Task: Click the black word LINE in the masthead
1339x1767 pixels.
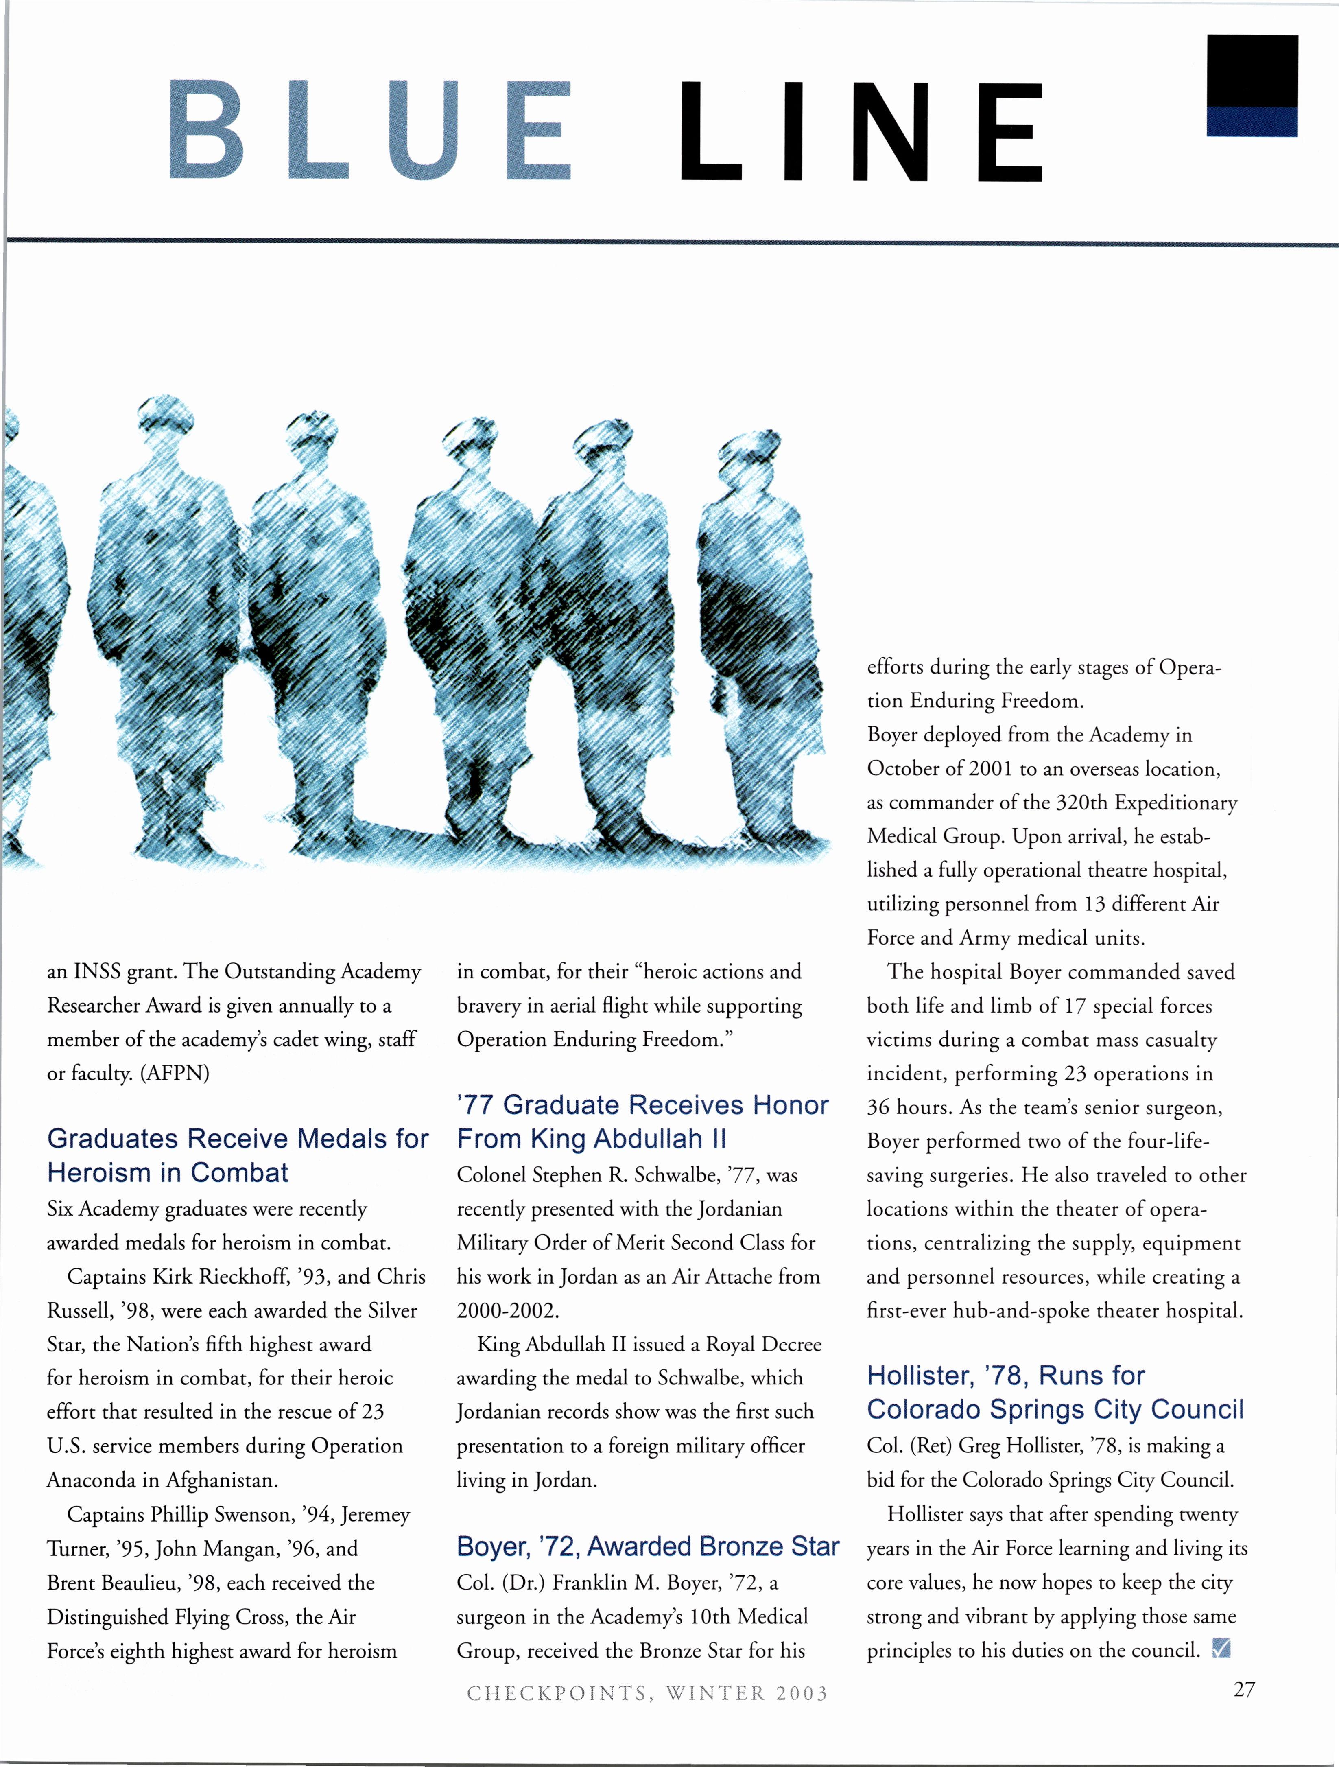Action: click(861, 132)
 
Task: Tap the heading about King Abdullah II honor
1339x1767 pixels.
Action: click(643, 1122)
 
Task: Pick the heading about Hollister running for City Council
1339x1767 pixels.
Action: click(1055, 1392)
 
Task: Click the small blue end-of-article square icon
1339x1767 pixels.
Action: click(1221, 1648)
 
